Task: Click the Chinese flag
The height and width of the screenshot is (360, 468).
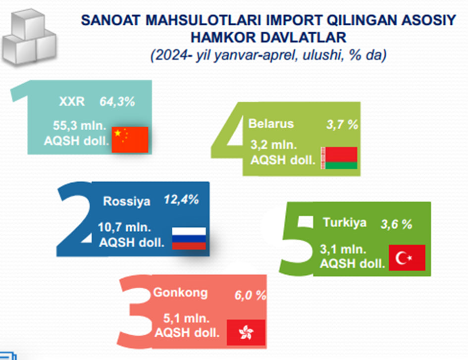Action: pyautogui.click(x=130, y=140)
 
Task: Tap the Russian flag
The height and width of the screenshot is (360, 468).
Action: pyautogui.click(x=189, y=238)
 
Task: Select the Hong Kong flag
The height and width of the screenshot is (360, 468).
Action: pyautogui.click(x=246, y=332)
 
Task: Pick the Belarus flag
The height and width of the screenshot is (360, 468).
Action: pyautogui.click(x=339, y=158)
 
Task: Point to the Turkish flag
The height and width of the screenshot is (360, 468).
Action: pyautogui.click(x=407, y=257)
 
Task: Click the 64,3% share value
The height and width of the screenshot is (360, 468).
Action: pyautogui.click(x=117, y=102)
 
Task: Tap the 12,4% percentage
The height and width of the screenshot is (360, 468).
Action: pyautogui.click(x=181, y=200)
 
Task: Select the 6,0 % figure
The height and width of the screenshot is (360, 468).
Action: pyautogui.click(x=251, y=295)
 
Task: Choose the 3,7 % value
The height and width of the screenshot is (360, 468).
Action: pyautogui.click(x=342, y=124)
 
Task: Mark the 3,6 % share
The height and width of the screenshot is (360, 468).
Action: pyautogui.click(x=397, y=224)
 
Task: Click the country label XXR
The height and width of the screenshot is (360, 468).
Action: pyautogui.click(x=72, y=102)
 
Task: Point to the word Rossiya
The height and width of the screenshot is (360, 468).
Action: pyautogui.click(x=127, y=202)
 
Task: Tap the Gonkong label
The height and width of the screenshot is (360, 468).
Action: pyautogui.click(x=180, y=293)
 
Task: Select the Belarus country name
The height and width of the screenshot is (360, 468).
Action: pyautogui.click(x=271, y=124)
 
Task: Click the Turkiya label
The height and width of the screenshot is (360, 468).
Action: pyautogui.click(x=345, y=223)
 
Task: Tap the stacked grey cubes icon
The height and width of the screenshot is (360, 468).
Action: pyautogui.click(x=29, y=37)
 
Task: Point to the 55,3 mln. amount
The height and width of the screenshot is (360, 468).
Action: pyautogui.click(x=80, y=126)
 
